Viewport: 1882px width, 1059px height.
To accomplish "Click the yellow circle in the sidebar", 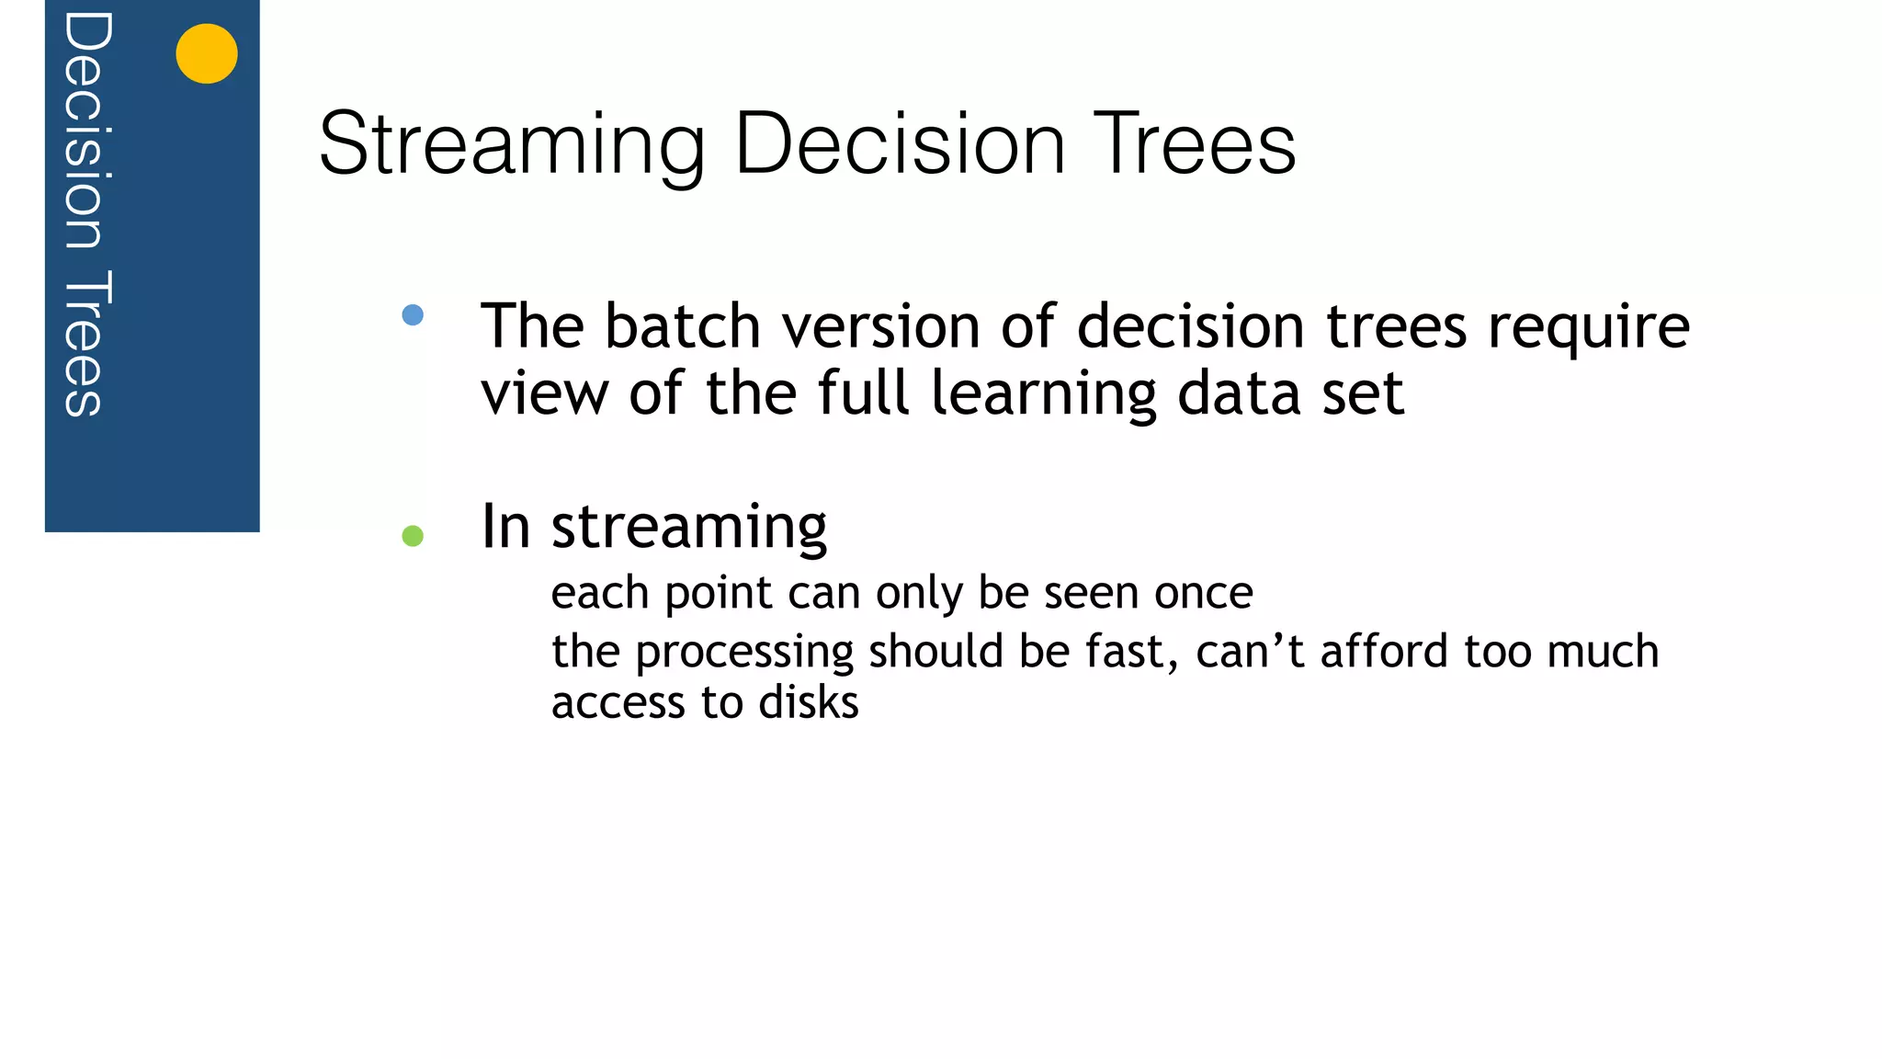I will pos(207,53).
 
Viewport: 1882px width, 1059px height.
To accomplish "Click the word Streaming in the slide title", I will pos(512,144).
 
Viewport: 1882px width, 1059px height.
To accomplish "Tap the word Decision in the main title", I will pos(901,144).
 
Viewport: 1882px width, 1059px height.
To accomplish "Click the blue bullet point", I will pos(413,315).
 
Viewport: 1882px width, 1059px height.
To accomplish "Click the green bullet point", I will pos(413,536).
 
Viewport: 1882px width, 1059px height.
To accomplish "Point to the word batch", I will pos(683,326).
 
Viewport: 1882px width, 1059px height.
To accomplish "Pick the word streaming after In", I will pos(688,529).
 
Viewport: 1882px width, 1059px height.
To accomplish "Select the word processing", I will pos(744,653).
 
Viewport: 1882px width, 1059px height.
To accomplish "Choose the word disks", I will pos(809,702).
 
